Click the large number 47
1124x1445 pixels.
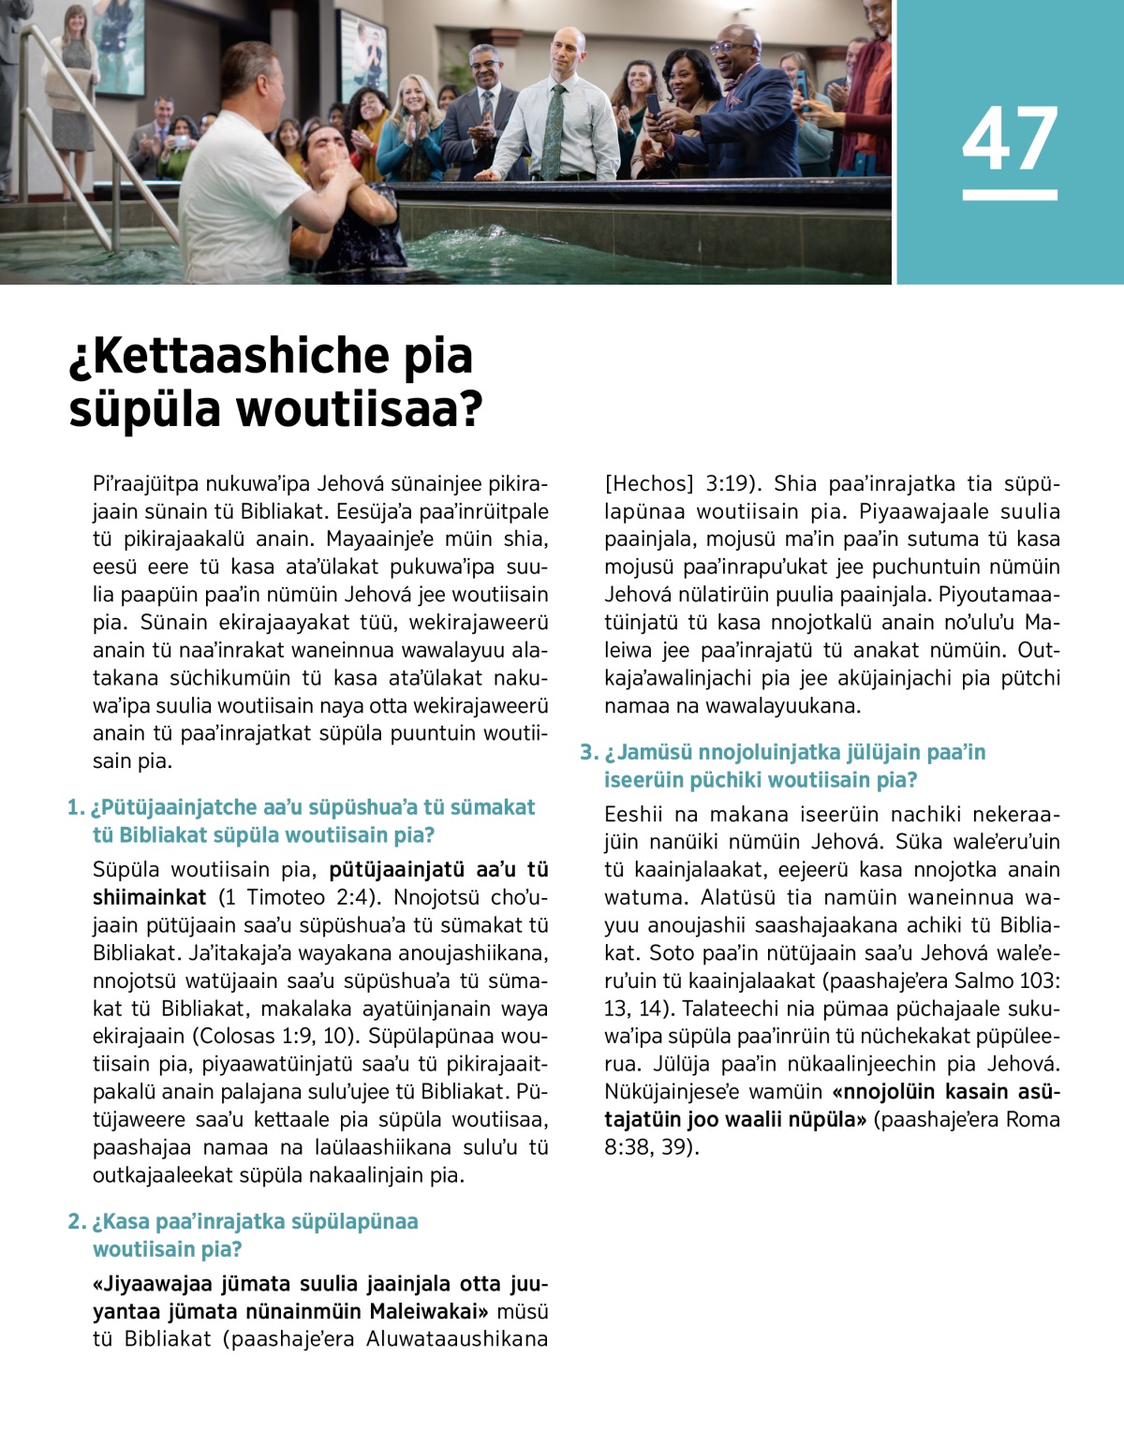coord(1010,139)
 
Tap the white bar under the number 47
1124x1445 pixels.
coord(1010,195)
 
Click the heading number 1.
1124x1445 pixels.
coord(76,807)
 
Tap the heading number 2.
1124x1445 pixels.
coord(76,1221)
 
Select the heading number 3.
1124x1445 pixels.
coord(588,752)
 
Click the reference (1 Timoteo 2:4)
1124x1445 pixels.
coord(299,897)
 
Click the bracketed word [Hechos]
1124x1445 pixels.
coord(648,484)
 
